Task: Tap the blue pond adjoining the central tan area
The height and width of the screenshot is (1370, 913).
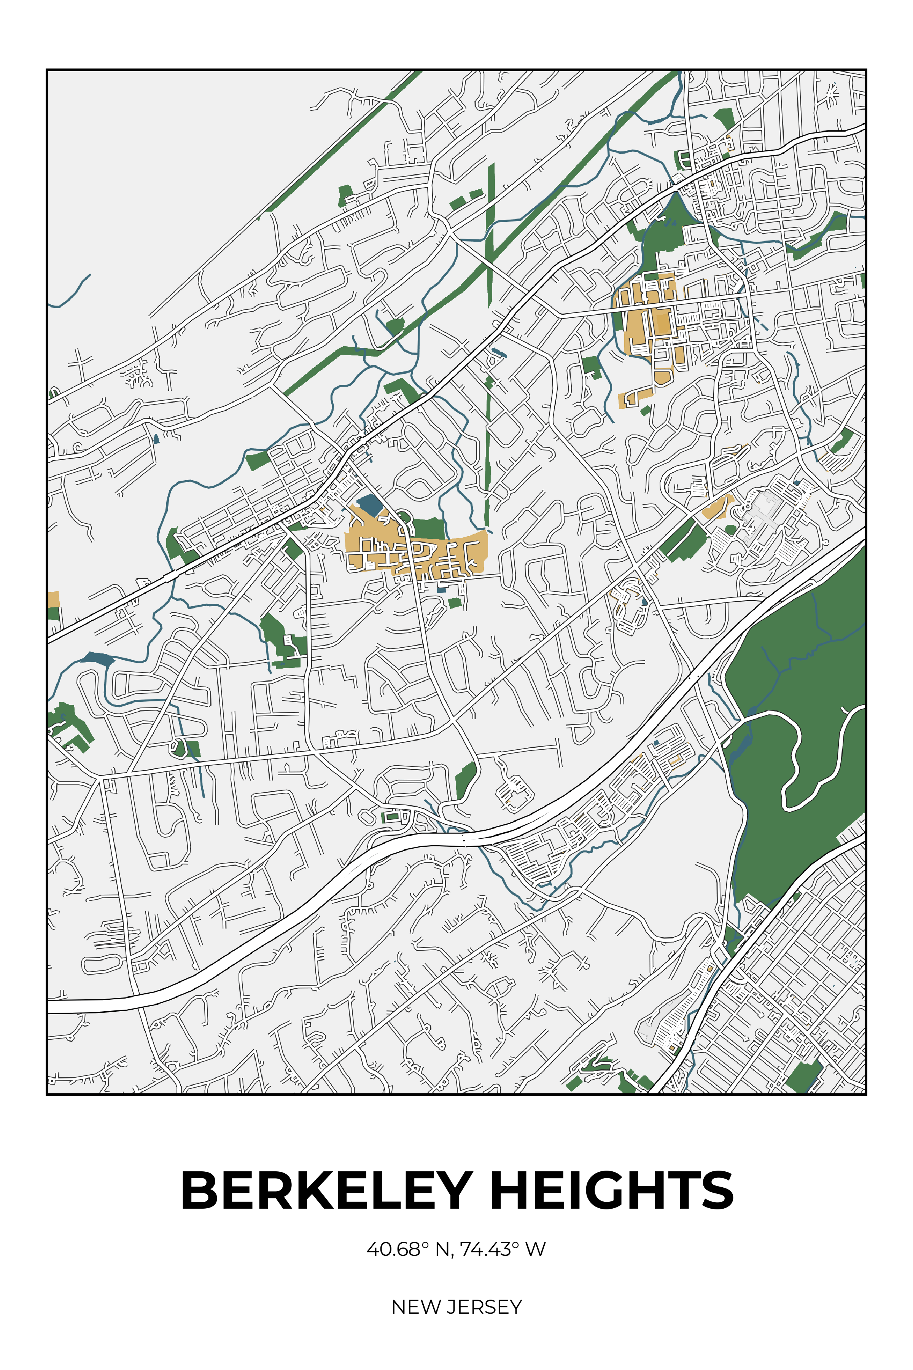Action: pyautogui.click(x=368, y=505)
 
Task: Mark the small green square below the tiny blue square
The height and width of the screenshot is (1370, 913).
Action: pyautogui.click(x=455, y=602)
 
